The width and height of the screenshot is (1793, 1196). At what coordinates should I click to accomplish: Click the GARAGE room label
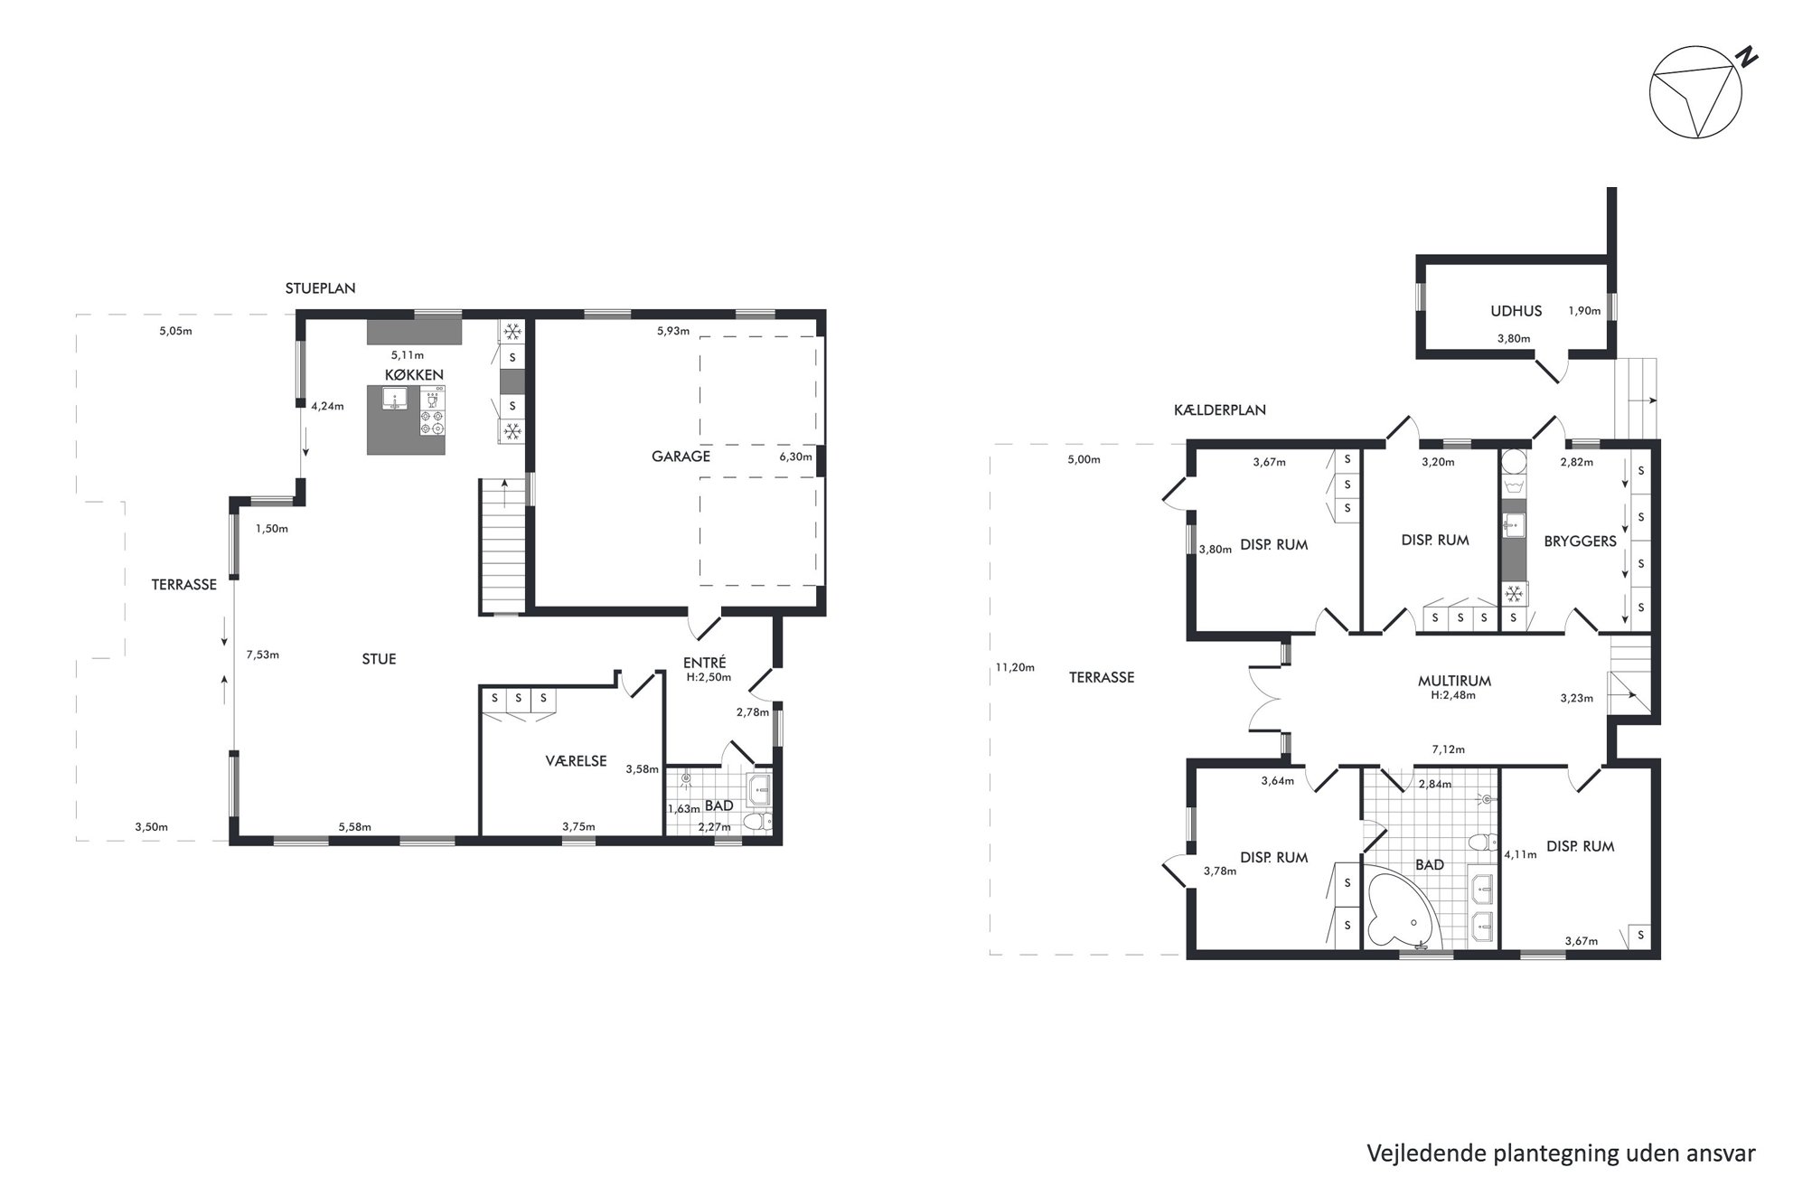tap(681, 457)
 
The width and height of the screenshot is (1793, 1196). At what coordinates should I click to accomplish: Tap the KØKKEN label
tap(414, 374)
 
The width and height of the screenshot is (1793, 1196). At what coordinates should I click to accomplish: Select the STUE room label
tap(379, 659)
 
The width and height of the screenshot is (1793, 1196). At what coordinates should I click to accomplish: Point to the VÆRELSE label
tap(576, 761)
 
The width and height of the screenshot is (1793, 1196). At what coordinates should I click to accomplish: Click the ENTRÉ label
tap(705, 663)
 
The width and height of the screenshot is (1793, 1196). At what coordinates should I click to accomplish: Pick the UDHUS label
tap(1516, 311)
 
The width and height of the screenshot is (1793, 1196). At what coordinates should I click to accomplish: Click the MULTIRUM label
tap(1454, 681)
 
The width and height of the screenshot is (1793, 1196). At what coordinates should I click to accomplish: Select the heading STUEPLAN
tap(320, 288)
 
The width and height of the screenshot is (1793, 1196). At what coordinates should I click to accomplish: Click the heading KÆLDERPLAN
tap(1219, 410)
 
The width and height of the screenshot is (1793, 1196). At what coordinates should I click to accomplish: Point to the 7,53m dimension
tap(262, 655)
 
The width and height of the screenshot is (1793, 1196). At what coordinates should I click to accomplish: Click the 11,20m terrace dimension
tap(1014, 667)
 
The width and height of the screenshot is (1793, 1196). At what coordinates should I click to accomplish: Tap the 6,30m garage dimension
tap(795, 457)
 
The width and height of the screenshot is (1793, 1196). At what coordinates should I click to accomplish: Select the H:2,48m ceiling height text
tap(1453, 695)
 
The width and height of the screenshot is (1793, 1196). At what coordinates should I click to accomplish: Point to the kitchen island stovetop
tap(433, 411)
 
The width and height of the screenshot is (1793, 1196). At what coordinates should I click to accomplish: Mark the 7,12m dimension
tap(1448, 749)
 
